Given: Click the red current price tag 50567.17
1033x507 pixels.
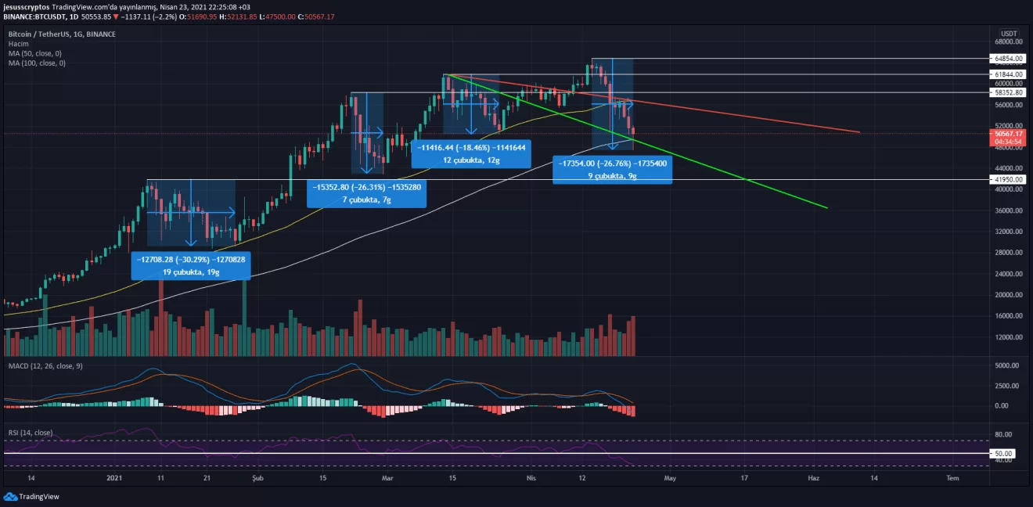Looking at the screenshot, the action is (1008, 138).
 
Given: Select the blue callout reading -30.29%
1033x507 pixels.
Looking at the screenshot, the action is (191, 265).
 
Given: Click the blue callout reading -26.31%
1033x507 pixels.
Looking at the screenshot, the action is (366, 193).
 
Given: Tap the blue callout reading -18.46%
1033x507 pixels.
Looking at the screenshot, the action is (471, 154).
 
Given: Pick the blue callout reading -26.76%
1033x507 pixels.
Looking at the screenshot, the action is (613, 170).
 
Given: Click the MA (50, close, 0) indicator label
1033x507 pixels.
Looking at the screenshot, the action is (35, 53).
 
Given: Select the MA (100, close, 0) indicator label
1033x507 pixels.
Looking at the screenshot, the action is (37, 63).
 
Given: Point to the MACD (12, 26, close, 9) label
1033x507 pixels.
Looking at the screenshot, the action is (45, 366).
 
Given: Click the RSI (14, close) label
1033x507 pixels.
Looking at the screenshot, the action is (31, 433).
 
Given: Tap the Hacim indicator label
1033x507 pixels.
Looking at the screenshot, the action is (19, 44).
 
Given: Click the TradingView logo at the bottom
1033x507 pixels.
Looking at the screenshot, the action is (31, 496).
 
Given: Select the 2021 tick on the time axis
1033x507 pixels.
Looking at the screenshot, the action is (114, 478).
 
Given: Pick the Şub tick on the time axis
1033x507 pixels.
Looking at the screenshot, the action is (257, 478).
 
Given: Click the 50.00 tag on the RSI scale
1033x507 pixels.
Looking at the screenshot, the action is (1002, 454).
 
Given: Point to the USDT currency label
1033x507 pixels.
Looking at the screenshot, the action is (1009, 34).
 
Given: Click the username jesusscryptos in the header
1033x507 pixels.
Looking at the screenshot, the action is (27, 7).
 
